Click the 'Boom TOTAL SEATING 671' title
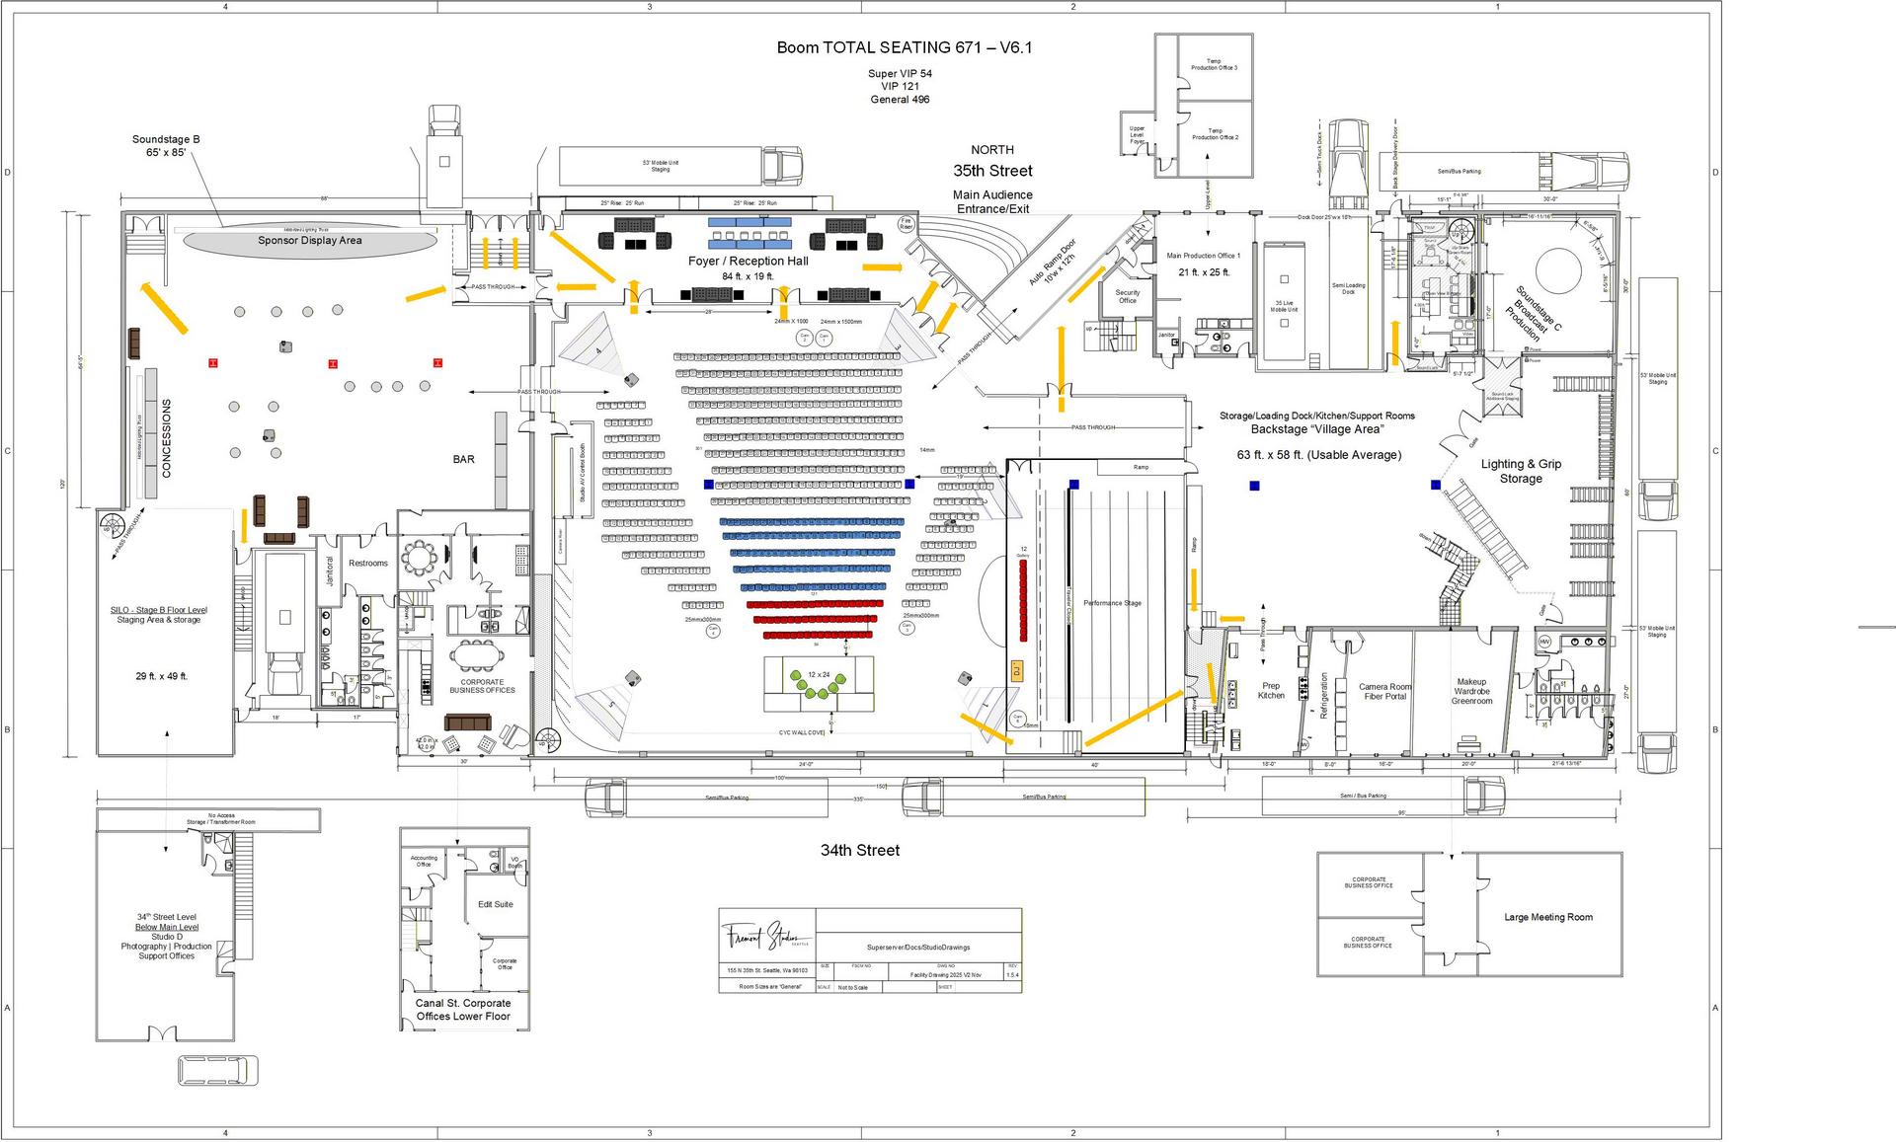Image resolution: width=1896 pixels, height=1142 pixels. pos(904,47)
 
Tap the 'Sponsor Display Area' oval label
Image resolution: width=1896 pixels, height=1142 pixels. pos(310,241)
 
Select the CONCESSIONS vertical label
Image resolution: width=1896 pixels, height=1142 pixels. pos(166,438)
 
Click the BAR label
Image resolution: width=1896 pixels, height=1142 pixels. pos(463,459)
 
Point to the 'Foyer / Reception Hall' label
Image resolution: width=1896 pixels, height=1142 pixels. pos(748,262)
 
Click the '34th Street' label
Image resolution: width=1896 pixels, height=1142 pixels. pos(859,850)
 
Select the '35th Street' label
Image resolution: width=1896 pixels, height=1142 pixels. pos(992,171)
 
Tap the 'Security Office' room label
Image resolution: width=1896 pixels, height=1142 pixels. pos(1127,296)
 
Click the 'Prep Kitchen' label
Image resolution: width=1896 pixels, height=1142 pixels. pos(1271,690)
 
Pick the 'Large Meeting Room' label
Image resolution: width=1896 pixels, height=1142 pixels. pos(1547,917)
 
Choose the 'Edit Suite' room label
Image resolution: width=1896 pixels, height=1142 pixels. pos(495,904)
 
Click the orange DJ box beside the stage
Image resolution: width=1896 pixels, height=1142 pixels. pos(1015,671)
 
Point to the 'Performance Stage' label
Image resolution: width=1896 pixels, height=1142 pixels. pos(1112,603)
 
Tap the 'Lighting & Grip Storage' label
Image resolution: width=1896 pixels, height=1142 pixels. pos(1521,471)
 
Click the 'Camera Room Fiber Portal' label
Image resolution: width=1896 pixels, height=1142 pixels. pos(1385,691)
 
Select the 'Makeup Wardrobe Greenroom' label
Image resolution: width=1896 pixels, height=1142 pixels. pos(1471,691)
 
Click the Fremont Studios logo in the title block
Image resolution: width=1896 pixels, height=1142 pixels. pos(767,934)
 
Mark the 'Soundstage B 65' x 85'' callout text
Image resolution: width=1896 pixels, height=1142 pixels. pos(166,146)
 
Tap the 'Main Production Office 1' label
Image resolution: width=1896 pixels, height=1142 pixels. pos(1203,256)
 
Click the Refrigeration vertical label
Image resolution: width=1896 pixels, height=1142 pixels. pos(1324,696)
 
